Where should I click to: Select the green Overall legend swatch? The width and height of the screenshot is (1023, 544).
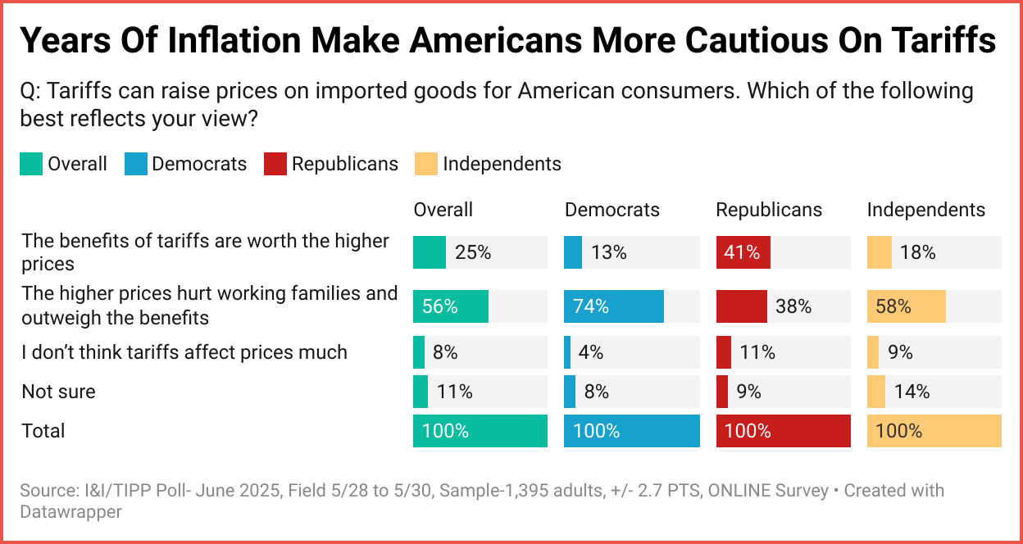31,164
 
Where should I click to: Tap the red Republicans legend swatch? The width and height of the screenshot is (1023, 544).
275,164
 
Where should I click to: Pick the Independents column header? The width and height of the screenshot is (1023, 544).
926,210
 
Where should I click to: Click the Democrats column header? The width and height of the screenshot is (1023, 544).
611,210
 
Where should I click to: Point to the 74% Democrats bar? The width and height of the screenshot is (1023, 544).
614,306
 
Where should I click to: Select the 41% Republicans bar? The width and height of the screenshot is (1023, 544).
743,252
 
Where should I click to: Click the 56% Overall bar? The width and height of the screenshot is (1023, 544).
450,306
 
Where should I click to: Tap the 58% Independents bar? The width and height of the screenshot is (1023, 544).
906,306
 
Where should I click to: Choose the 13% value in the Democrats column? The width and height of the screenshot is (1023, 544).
608,252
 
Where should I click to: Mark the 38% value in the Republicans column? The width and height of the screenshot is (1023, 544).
793,306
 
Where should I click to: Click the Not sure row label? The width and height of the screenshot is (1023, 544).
58,392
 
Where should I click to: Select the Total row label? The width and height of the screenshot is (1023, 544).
43,431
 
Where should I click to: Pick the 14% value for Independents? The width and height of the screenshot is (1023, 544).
912,392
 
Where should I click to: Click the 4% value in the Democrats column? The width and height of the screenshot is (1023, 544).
590,352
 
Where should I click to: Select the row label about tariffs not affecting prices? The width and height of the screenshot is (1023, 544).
184,352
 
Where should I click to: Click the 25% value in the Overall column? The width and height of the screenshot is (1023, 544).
473,252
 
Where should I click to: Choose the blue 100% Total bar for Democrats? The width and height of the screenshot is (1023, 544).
632,431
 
